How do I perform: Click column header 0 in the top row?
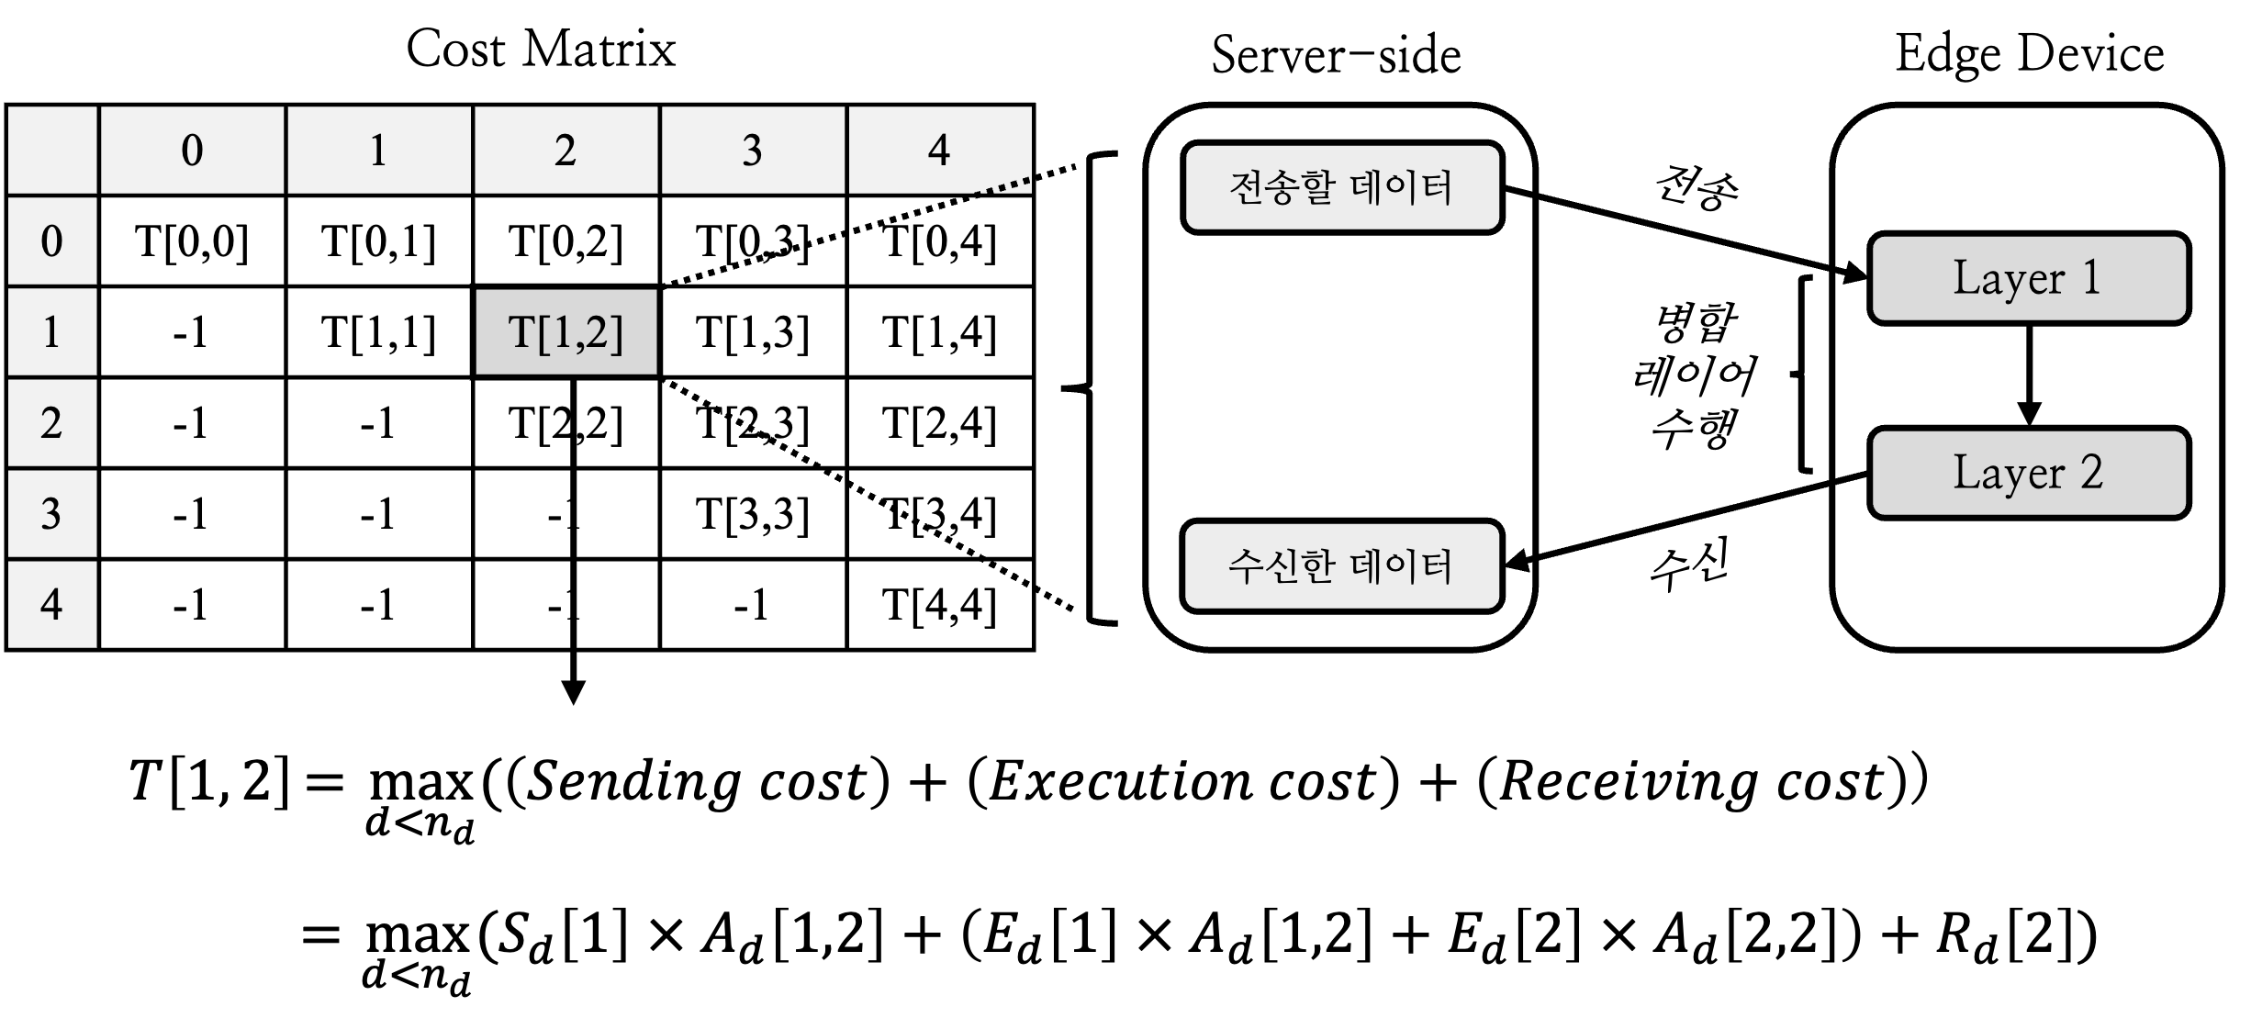pyautogui.click(x=192, y=151)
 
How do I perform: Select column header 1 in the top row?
pyautogui.click(x=378, y=151)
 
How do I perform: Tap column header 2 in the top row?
pyautogui.click(x=566, y=151)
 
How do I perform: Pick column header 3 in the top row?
pyautogui.click(x=752, y=151)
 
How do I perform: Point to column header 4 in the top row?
pyautogui.click(x=938, y=151)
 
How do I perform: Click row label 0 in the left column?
pyautogui.click(x=52, y=241)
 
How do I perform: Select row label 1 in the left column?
pyautogui.click(x=52, y=332)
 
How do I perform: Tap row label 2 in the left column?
pyautogui.click(x=52, y=423)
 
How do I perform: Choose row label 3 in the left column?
pyautogui.click(x=52, y=514)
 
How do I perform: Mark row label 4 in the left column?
pyautogui.click(x=52, y=605)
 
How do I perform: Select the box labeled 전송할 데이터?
pyautogui.click(x=1342, y=187)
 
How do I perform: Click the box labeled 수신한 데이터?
pyautogui.click(x=1342, y=566)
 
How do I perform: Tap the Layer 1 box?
pyautogui.click(x=2029, y=278)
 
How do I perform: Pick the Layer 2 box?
pyautogui.click(x=2029, y=473)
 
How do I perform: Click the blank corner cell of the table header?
pyautogui.click(x=52, y=151)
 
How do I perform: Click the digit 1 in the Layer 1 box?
pyautogui.click(x=2091, y=278)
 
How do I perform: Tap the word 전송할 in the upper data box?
pyautogui.click(x=1281, y=187)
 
